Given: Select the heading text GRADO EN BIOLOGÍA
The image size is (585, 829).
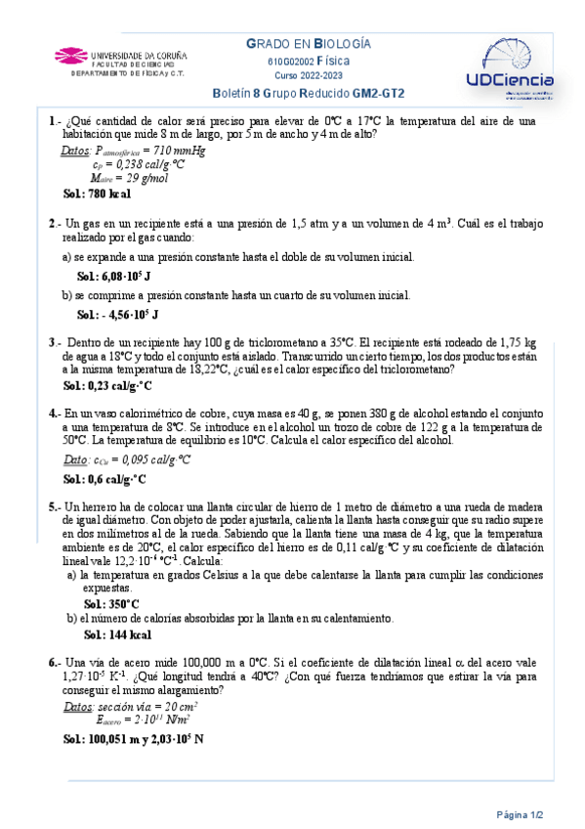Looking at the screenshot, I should [x=308, y=44].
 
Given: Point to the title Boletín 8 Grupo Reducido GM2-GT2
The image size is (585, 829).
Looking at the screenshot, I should [x=309, y=94].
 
